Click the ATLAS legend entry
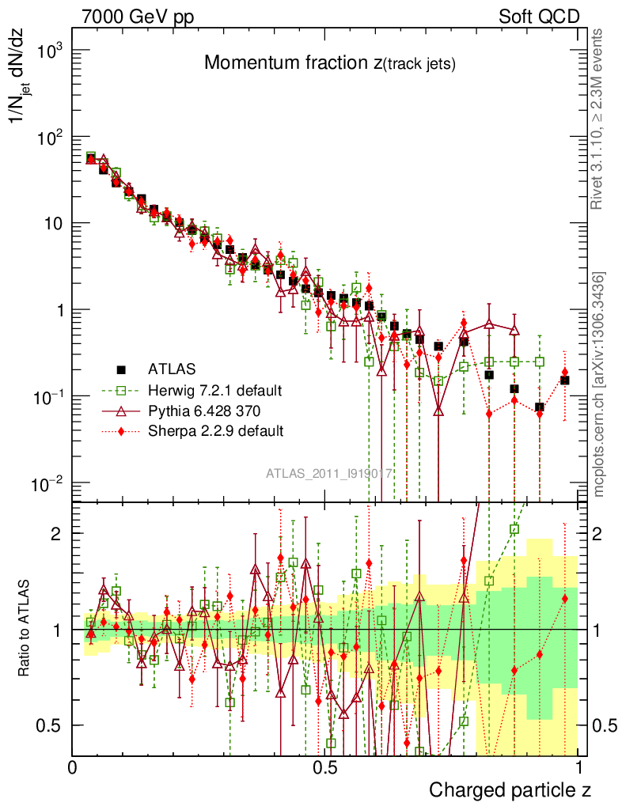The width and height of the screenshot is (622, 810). [170, 369]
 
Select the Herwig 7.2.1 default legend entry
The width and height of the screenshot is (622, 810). [214, 390]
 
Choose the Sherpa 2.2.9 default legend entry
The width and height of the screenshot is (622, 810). [215, 431]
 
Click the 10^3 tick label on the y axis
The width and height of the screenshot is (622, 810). [45, 51]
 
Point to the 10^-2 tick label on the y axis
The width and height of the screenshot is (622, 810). [45, 483]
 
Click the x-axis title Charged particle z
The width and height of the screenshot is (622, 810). [510, 789]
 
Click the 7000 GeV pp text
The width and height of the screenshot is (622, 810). [138, 17]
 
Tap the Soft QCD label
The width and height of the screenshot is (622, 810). [539, 17]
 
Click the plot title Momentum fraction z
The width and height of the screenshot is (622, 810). [329, 63]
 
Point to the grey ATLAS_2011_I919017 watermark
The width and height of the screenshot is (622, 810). [329, 474]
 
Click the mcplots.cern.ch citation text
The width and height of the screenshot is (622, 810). [599, 384]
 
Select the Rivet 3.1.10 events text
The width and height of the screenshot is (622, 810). [599, 119]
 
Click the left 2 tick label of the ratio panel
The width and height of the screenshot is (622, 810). [56, 534]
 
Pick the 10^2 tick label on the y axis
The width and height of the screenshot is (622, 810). [45, 138]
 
